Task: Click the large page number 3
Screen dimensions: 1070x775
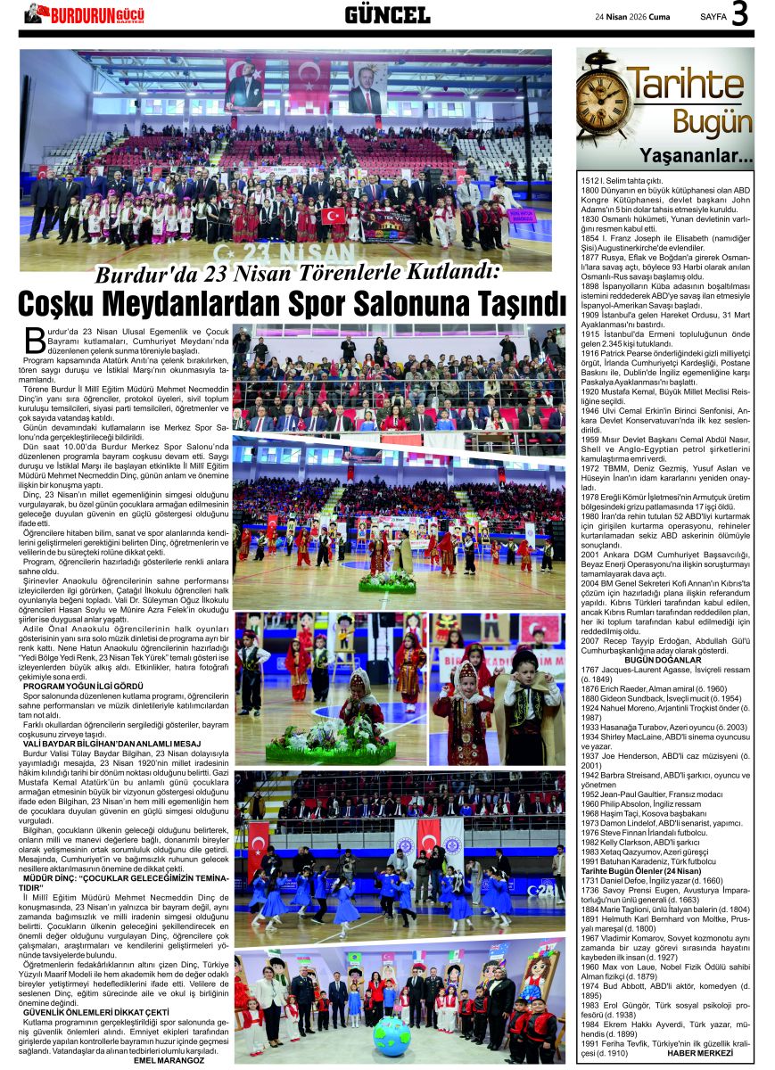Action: (x=740, y=14)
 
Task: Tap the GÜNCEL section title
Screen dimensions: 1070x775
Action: (x=387, y=14)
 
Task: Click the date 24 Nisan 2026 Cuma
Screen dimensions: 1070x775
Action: (x=634, y=15)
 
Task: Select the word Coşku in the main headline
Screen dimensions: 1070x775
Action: (x=62, y=302)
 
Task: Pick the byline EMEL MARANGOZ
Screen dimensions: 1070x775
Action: (x=169, y=1059)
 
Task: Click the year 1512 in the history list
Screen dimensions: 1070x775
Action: (x=589, y=180)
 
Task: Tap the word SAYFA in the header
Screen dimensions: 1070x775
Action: (x=711, y=16)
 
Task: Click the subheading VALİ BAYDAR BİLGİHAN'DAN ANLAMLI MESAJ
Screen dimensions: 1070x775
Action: (x=111, y=743)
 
